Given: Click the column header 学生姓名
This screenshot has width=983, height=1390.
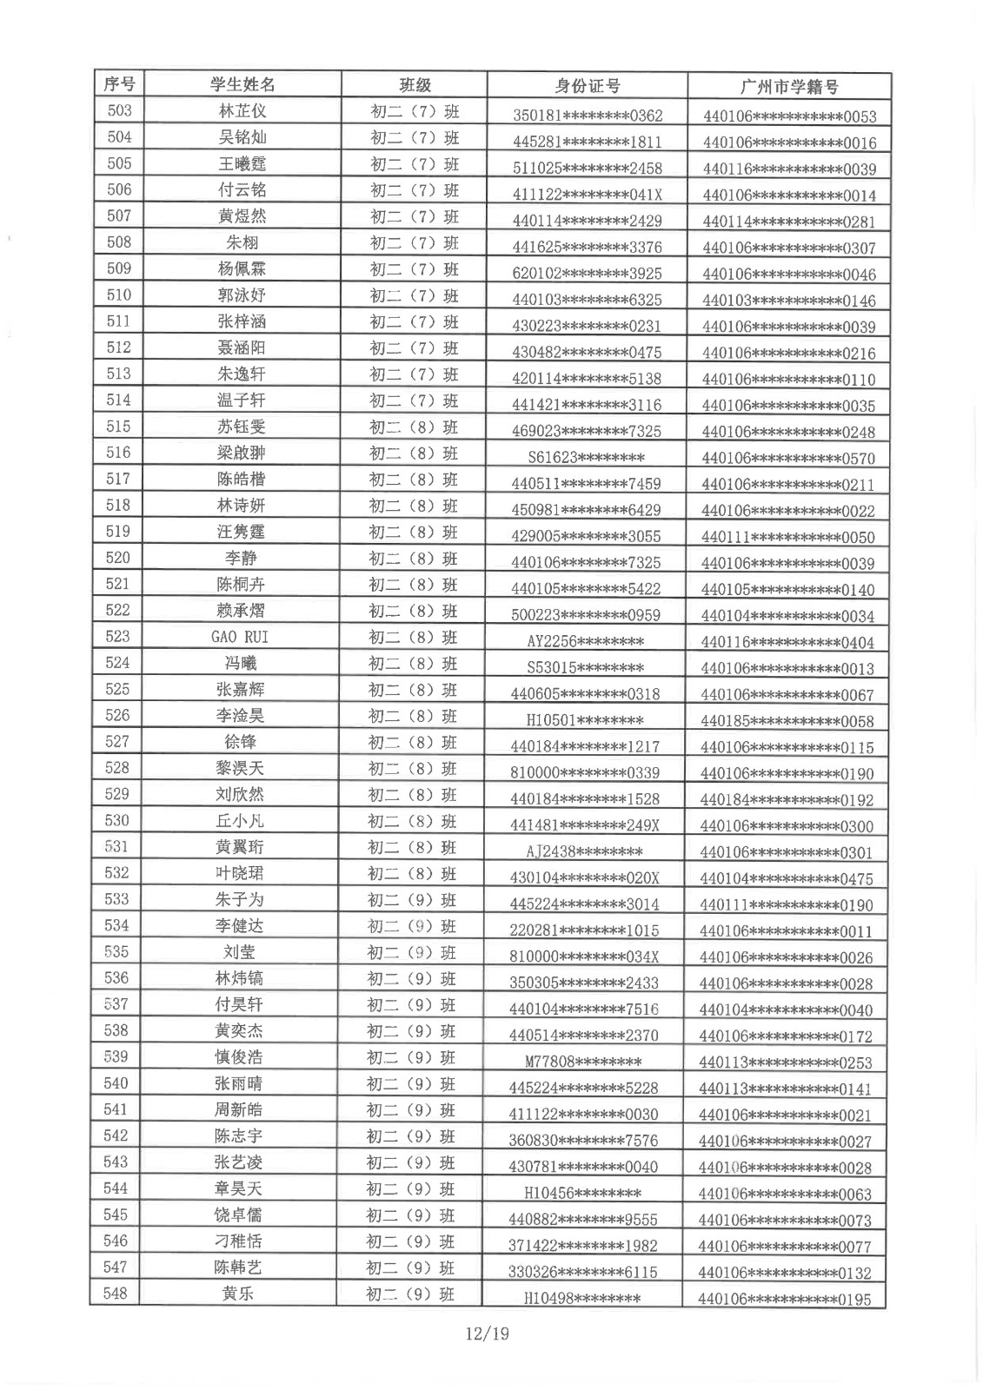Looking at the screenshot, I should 242,84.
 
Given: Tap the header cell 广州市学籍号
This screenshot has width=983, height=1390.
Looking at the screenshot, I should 788,87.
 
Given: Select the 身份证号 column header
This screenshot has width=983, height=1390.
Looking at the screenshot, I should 587,86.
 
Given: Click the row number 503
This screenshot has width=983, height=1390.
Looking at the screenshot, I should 119,110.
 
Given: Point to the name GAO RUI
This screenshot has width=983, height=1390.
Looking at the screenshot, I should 240,637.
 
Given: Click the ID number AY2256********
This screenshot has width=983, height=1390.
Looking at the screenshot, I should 585,642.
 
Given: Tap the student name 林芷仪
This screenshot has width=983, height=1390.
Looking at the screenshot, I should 242,111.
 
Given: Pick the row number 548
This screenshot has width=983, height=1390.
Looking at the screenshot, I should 116,1294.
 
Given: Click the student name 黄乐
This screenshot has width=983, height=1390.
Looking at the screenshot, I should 237,1294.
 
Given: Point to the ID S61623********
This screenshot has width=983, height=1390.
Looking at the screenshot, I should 586,458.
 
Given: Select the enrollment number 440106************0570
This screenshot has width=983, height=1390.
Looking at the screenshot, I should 787,459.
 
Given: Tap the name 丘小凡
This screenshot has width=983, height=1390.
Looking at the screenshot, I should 239,821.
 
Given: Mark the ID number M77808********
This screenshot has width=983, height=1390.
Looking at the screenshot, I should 583,1062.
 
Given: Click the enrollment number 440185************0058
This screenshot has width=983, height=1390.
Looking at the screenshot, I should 787,721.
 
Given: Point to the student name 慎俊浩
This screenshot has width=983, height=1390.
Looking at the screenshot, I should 238,1057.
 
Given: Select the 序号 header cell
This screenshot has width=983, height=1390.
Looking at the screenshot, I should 119,84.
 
